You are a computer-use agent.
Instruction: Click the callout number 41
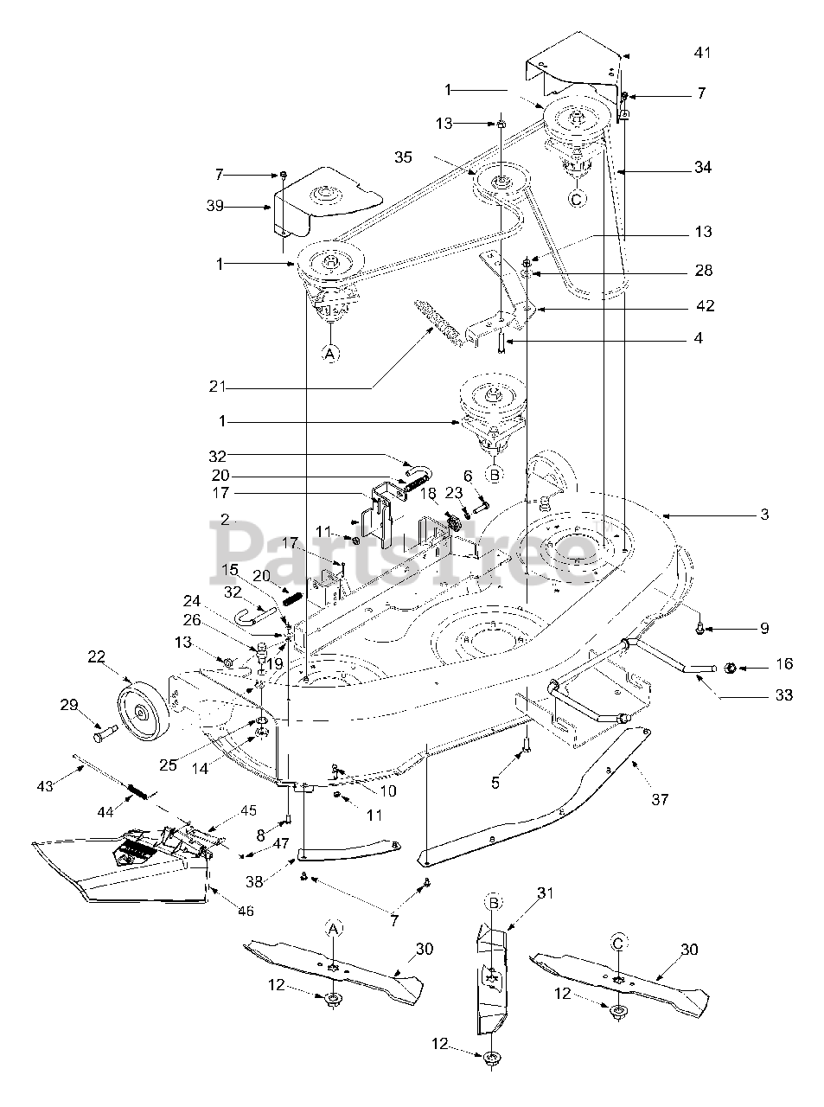coord(703,53)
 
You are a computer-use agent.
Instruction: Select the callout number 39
coord(215,206)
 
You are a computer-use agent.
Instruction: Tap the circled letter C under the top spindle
coord(576,199)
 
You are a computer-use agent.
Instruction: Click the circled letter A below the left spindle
coord(329,354)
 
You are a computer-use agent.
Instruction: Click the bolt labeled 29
coord(105,733)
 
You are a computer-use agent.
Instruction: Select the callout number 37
coord(660,800)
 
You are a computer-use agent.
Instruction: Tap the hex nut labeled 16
coord(729,668)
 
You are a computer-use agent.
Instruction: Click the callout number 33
coord(784,694)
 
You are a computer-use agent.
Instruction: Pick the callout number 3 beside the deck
coord(764,514)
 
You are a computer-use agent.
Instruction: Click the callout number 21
coord(218,386)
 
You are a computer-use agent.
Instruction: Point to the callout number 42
coord(706,305)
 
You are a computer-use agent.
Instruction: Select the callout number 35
coord(403,157)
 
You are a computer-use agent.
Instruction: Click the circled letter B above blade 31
coord(493,902)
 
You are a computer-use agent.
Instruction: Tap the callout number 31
coord(545,893)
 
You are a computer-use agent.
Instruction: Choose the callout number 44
coord(105,812)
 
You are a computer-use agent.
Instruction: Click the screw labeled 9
coord(699,630)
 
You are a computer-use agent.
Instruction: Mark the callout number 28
coord(704,270)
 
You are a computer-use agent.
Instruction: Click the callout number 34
coord(703,167)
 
